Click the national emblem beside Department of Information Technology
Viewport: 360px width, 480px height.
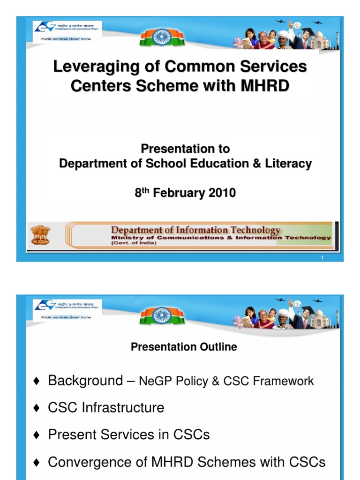40,235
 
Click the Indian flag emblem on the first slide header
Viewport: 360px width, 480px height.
162,36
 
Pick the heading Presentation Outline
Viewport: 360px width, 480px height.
184,347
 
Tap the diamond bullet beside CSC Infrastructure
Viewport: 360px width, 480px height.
37,408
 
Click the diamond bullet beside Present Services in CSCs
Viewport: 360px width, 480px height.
37,435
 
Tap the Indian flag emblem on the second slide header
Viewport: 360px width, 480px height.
162,315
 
